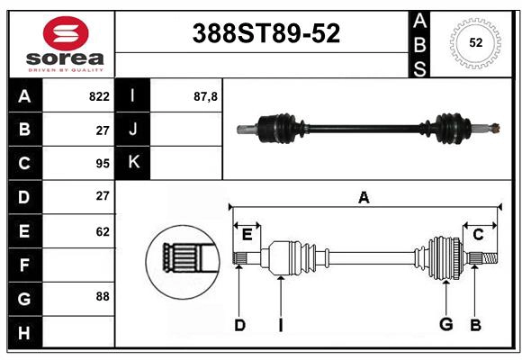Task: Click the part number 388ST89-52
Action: [267, 33]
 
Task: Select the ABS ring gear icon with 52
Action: [475, 41]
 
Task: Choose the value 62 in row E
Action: [103, 231]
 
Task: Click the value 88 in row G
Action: [103, 296]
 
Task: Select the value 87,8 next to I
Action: [206, 96]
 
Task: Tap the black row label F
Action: [24, 265]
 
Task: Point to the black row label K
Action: [133, 163]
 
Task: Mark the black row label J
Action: [133, 130]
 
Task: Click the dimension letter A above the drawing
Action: [364, 197]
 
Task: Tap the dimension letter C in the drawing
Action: [478, 235]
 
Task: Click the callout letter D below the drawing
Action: [239, 325]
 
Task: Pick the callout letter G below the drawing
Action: [445, 325]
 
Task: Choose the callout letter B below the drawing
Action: [476, 325]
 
